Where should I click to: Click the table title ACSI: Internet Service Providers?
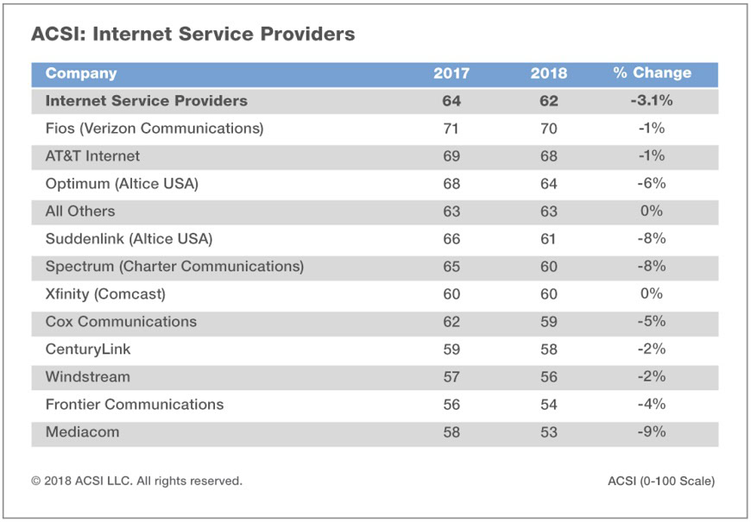tap(192, 35)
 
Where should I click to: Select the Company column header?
tap(81, 73)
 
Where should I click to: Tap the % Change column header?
tap(652, 73)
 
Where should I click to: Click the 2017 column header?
tap(451, 73)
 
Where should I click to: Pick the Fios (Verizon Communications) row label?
tap(155, 129)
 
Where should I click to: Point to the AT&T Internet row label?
tap(92, 156)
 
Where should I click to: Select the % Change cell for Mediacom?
tap(652, 432)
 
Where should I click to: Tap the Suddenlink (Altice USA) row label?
tap(129, 239)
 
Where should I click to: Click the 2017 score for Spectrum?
tap(451, 267)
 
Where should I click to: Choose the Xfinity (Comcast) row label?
tap(105, 294)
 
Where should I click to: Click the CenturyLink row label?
tap(88, 349)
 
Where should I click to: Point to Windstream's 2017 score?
tap(451, 377)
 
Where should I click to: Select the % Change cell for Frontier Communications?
tap(652, 405)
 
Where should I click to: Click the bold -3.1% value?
tap(652, 101)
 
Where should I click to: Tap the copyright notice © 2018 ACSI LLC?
tap(137, 481)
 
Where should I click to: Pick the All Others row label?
tap(80, 211)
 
